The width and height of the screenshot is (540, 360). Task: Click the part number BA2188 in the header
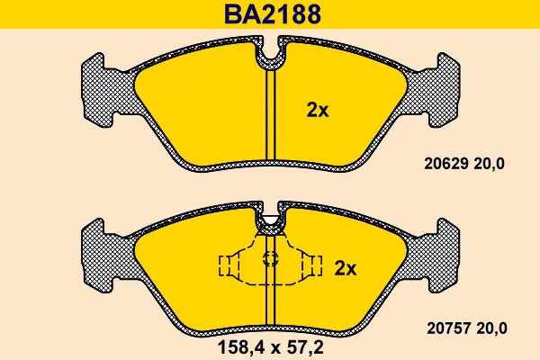273,14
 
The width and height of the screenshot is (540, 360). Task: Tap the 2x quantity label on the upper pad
318,111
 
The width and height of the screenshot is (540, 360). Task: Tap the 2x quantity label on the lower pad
346,268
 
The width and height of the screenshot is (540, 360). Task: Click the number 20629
446,164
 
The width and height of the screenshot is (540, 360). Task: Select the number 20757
449,328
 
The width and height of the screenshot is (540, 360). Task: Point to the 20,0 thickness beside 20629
490,164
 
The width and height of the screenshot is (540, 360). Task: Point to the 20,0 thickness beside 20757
492,328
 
